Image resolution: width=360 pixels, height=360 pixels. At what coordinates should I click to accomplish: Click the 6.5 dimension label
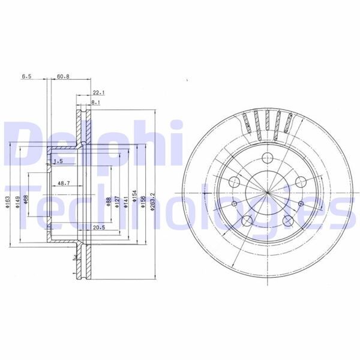coord(26,77)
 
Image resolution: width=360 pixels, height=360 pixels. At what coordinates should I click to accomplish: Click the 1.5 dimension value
coord(58,162)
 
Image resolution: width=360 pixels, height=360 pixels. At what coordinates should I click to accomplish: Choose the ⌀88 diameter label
coord(107,203)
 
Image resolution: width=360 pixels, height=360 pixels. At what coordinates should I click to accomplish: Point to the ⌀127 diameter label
coord(117,203)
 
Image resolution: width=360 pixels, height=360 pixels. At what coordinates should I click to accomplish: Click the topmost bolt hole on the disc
coord(266,158)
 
